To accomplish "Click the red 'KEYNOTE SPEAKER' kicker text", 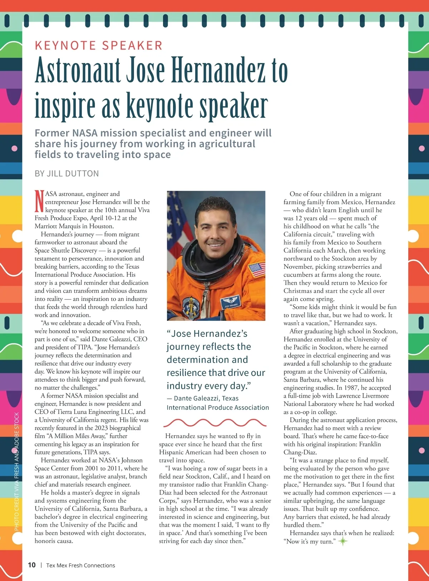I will tap(98, 46).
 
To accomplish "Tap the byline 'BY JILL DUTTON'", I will tap(66, 174).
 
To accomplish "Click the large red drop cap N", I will tap(39, 201).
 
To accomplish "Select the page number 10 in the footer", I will tap(32, 565).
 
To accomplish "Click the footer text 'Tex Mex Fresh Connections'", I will tap(80, 565).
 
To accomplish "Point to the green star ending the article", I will tap(343, 541).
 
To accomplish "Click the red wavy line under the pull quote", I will tap(214, 423).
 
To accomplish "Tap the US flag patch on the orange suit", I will tap(257, 269).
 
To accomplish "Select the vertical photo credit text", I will tap(16, 472).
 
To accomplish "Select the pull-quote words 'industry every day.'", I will tap(209, 386).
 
